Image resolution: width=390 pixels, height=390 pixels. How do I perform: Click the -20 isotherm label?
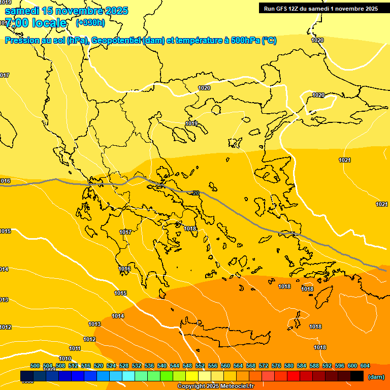196,193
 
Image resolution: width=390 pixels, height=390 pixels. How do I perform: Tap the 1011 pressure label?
75,348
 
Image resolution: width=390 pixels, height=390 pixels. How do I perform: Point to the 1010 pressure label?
65,359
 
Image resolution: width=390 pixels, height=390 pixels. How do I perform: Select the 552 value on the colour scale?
200,366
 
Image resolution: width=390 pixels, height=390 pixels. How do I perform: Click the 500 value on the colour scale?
35,366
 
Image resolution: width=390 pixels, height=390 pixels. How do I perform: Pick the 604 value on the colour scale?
365,366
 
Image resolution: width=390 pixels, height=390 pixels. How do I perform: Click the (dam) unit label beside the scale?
376,377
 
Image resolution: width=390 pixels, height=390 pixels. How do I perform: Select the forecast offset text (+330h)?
90,22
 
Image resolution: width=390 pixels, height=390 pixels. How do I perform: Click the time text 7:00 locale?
36,23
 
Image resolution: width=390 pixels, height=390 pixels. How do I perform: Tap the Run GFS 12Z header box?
320,9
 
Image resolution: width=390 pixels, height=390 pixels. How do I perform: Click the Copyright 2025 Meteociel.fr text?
215,386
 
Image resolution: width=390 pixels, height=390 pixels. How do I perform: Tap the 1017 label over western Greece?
125,232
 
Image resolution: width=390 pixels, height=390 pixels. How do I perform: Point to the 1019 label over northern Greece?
191,123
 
